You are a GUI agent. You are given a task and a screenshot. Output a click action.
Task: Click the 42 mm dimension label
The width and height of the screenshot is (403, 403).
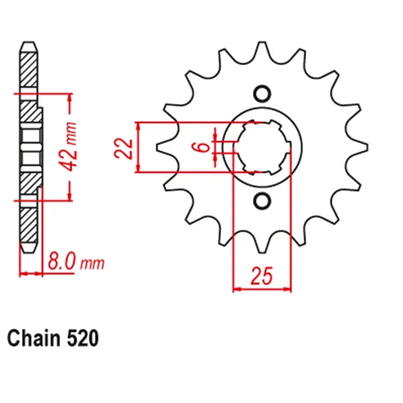[x=72, y=146]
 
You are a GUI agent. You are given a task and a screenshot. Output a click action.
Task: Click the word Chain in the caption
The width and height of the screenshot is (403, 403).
[x=34, y=338]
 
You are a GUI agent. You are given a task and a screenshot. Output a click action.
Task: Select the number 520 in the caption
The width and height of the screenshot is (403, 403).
[x=82, y=338]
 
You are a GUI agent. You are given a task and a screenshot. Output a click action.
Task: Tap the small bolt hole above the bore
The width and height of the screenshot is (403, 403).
[x=261, y=94]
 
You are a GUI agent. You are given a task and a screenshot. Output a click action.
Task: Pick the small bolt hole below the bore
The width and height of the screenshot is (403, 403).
[x=261, y=201]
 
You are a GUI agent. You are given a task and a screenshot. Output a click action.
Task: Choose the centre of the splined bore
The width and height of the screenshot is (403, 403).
[x=261, y=148]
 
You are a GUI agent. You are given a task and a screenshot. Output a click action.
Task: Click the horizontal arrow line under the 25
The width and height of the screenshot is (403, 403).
[x=262, y=290]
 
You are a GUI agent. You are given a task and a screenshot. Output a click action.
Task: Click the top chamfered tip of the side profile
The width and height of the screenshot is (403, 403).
[x=29, y=44]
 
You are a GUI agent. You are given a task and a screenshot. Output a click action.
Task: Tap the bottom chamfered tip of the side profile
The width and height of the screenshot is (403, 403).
[x=29, y=249]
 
